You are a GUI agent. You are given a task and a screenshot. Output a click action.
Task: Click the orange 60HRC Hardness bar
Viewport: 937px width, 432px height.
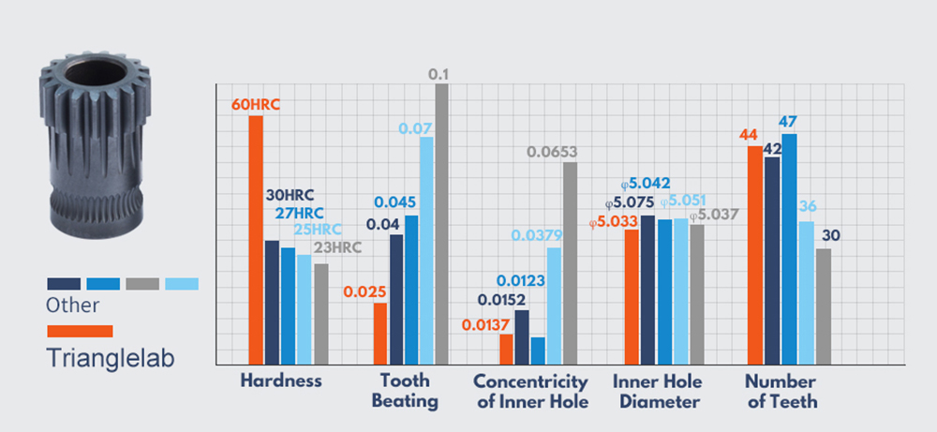pos(255,239)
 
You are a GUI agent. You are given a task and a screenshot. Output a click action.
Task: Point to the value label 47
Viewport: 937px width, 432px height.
pos(789,122)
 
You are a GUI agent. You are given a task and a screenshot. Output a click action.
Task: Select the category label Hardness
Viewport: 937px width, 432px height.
pos(281,381)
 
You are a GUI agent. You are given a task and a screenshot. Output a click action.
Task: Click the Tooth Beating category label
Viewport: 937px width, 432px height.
pos(405,391)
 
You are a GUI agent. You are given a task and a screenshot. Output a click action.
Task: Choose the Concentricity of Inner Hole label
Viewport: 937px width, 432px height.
pos(530,391)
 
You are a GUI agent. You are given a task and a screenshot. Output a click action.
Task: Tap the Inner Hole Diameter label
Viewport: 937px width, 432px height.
pos(657,391)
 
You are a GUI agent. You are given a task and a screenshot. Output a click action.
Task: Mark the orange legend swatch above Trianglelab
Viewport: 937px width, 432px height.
pos(80,331)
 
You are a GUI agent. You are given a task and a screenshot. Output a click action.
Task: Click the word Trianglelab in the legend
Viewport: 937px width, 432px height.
pos(111,358)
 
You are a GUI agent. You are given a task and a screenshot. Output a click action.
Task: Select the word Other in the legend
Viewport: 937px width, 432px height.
pos(72,305)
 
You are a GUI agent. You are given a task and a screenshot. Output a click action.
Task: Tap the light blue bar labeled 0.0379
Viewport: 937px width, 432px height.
pos(554,305)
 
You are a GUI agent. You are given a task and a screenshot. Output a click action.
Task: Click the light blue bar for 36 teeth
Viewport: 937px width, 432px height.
pos(806,292)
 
